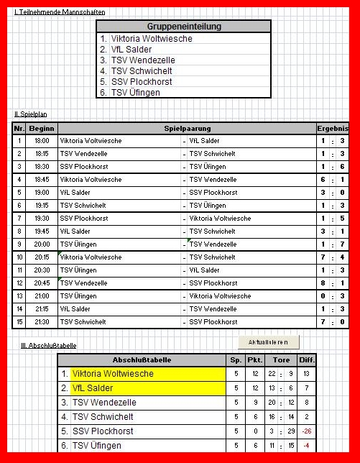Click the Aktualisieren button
point(268,341)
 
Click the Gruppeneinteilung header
point(183,27)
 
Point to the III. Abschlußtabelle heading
point(48,346)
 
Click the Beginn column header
point(42,128)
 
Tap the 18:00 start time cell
point(42,141)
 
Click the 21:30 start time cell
point(42,321)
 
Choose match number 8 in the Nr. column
point(19,232)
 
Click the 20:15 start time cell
point(42,257)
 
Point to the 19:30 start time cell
point(42,219)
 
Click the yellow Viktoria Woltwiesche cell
point(122,374)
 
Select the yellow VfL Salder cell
point(122,388)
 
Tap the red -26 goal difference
point(307,431)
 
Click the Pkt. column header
point(254,359)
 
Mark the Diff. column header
point(307,359)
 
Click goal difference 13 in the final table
point(307,374)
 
